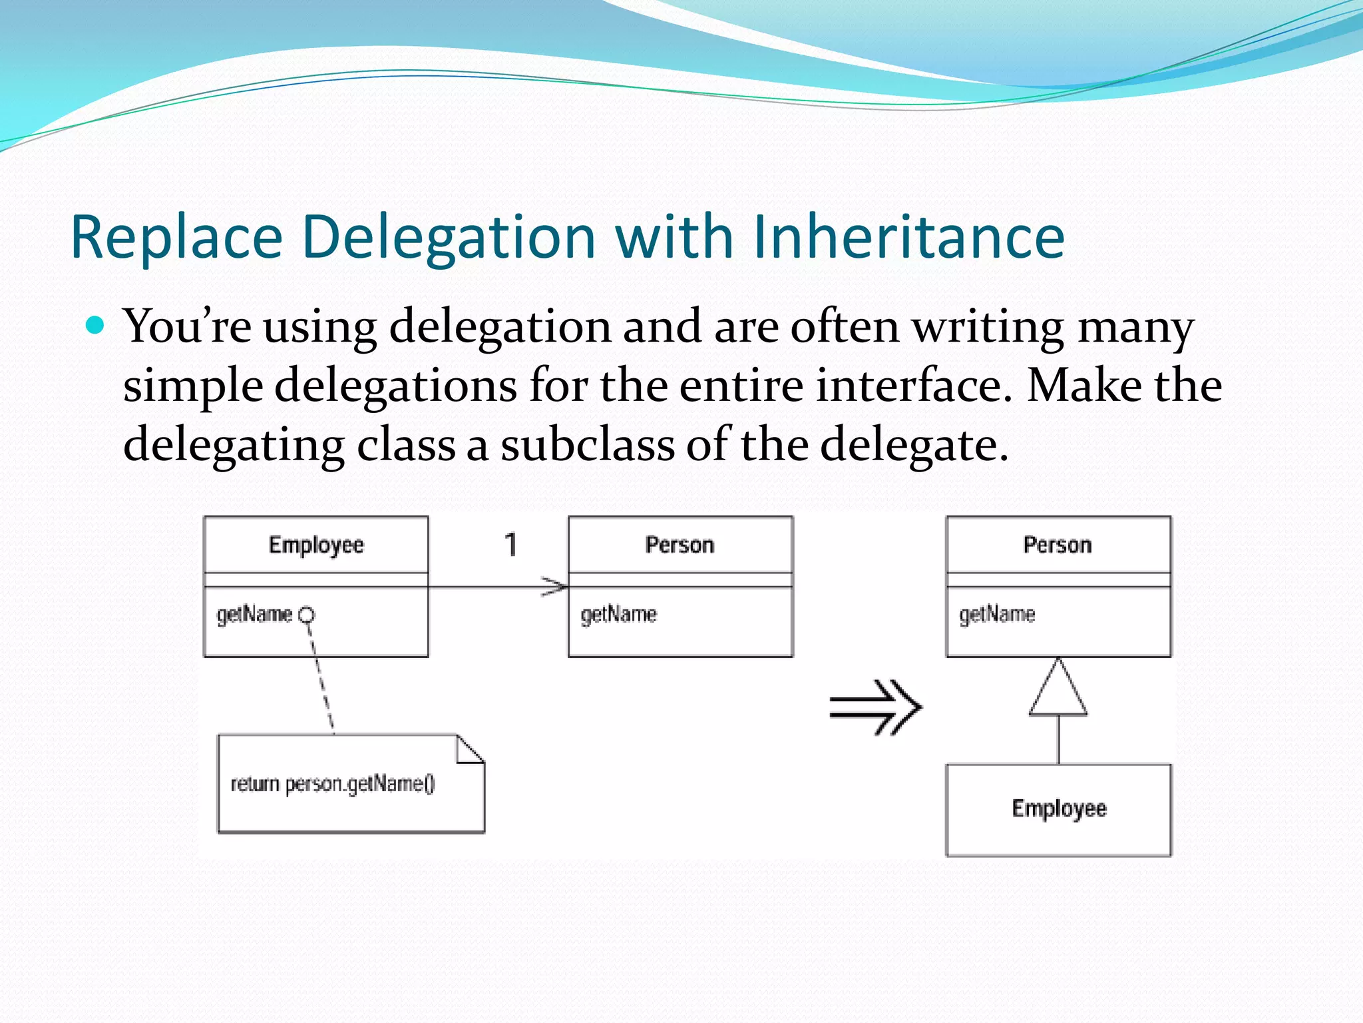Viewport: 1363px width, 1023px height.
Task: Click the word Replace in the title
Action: point(176,237)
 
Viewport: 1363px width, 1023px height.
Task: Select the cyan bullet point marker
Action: point(96,325)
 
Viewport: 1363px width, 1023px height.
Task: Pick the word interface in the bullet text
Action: point(913,386)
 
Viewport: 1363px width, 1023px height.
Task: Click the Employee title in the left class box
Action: point(316,545)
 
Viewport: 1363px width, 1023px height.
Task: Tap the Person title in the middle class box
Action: point(680,545)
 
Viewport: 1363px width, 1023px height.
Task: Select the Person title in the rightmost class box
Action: point(1058,545)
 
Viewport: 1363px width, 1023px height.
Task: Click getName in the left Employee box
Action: point(254,614)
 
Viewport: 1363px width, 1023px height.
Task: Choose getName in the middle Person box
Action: point(618,614)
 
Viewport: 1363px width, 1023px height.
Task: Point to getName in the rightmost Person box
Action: point(997,614)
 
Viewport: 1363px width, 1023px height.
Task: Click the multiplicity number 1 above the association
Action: point(510,545)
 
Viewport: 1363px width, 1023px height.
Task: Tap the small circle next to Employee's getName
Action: point(306,615)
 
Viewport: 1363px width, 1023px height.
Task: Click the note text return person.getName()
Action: point(333,784)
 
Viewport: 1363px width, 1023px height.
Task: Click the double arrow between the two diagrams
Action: point(875,707)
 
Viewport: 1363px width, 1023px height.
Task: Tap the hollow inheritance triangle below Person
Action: point(1058,691)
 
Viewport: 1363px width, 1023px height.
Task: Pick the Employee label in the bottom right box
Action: point(1059,809)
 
